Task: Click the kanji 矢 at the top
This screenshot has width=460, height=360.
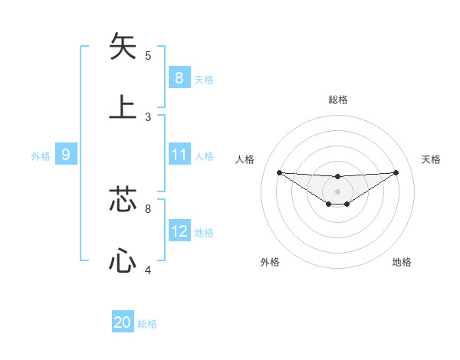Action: pyautogui.click(x=123, y=47)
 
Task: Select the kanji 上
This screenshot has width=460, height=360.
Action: pyautogui.click(x=123, y=107)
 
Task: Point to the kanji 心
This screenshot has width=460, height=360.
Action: pyautogui.click(x=123, y=260)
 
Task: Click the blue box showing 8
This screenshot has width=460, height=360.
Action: pyautogui.click(x=179, y=77)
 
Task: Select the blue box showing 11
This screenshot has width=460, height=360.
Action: pyautogui.click(x=179, y=155)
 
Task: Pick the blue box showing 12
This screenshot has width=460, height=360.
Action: pyautogui.click(x=179, y=231)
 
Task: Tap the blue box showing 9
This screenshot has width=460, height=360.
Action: pyautogui.click(x=66, y=155)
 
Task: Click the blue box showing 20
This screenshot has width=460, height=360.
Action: pyautogui.click(x=123, y=322)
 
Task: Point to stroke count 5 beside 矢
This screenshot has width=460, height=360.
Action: pyautogui.click(x=148, y=55)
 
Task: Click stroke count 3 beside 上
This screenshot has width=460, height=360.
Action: pyautogui.click(x=148, y=116)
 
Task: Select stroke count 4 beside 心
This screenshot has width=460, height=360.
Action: pyautogui.click(x=148, y=270)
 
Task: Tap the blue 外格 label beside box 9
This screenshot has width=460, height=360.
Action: pyautogui.click(x=41, y=155)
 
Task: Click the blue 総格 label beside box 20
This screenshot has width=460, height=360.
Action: pyautogui.click(x=147, y=323)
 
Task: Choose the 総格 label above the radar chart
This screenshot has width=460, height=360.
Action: pyautogui.click(x=338, y=100)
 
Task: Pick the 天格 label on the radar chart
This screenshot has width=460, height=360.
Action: pyautogui.click(x=432, y=159)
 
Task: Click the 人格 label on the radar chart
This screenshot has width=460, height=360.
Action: pyautogui.click(x=245, y=159)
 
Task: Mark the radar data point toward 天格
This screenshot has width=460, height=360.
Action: pyautogui.click(x=396, y=172)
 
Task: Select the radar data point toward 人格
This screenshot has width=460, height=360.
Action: pyautogui.click(x=280, y=172)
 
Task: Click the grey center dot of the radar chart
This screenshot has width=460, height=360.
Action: pyautogui.click(x=338, y=191)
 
